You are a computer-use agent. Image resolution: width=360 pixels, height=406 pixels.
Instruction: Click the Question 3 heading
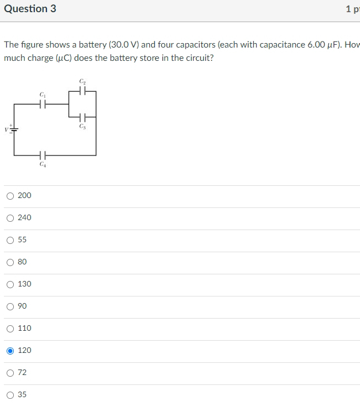(x=30, y=9)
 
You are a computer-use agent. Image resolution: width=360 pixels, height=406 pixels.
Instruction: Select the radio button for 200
(x=11, y=196)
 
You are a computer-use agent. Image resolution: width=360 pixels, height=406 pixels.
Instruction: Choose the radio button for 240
(x=11, y=218)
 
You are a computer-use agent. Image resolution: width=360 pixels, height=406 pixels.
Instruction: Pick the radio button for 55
(x=11, y=240)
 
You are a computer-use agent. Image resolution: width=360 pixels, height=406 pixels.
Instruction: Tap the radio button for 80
(x=11, y=262)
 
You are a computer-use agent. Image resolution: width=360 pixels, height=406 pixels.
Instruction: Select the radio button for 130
(x=11, y=284)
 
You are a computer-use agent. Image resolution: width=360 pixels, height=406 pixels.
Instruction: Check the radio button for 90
(x=11, y=306)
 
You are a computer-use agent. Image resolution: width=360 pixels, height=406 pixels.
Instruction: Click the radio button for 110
(x=11, y=329)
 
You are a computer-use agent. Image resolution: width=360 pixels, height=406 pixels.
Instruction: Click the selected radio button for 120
(x=11, y=351)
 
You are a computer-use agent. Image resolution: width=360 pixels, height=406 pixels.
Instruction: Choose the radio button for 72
(x=11, y=373)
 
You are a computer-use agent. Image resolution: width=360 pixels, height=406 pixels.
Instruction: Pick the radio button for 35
(x=11, y=395)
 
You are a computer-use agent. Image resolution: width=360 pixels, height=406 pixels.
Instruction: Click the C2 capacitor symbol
(x=82, y=91)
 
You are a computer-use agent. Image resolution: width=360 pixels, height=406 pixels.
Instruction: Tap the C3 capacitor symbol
(x=82, y=117)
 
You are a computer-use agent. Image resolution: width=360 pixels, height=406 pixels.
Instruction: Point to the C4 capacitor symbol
(x=42, y=155)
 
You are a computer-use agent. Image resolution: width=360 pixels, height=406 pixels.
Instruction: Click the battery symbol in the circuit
(x=14, y=129)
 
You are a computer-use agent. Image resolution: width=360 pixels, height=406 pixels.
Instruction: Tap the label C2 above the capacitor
(x=82, y=82)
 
